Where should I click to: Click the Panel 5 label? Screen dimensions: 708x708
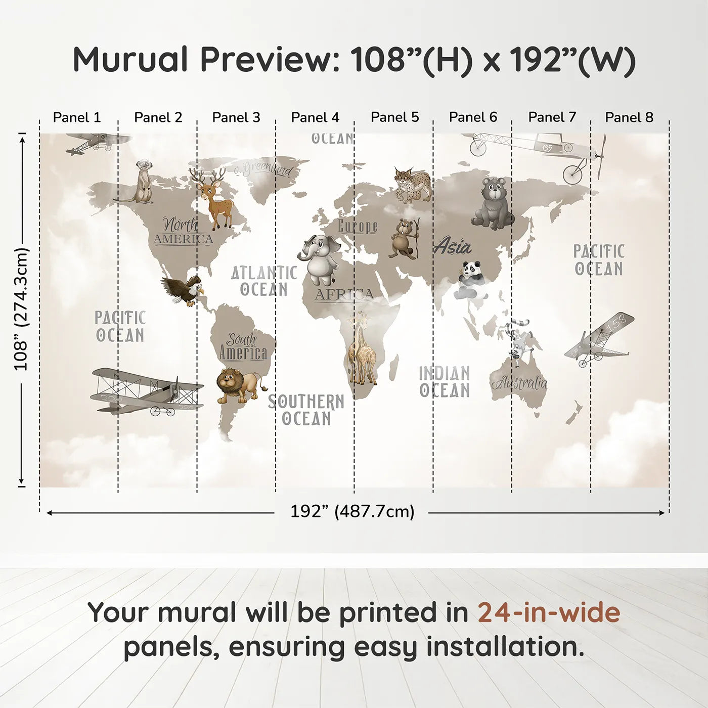[x=394, y=117]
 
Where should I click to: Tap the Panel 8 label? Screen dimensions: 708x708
[x=629, y=117]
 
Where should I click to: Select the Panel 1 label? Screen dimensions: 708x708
[x=77, y=117]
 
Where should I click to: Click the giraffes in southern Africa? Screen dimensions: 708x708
[x=362, y=349]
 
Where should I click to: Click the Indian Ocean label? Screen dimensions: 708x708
[x=445, y=382]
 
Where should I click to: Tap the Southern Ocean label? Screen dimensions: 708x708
[x=306, y=410]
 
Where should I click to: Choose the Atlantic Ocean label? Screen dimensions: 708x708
[x=264, y=281]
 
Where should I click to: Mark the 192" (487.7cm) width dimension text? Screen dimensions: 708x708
[x=352, y=512]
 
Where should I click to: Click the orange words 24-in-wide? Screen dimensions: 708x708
[x=549, y=612]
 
